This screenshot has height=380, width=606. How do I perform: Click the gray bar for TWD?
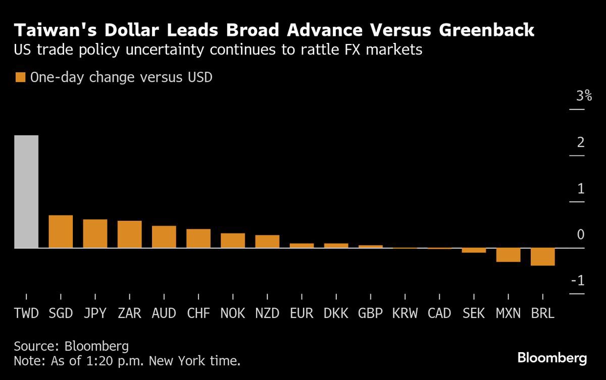[26, 192]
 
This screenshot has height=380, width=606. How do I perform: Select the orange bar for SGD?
[61, 231]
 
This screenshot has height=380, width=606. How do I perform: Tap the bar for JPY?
[95, 233]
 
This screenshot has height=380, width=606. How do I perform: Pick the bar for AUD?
[164, 236]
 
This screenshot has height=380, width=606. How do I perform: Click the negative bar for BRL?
[543, 257]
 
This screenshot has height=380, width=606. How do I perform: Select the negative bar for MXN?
[508, 255]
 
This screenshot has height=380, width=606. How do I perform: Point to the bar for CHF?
[198, 239]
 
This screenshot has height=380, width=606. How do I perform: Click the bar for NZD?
[267, 242]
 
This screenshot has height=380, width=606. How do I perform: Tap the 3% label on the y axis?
[577, 96]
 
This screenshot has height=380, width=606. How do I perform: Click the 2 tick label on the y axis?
[581, 142]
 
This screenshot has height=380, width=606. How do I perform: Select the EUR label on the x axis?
[301, 313]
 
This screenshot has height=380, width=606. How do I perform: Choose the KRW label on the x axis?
[405, 313]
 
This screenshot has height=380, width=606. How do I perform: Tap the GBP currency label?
[371, 313]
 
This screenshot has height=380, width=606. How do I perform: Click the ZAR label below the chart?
[129, 313]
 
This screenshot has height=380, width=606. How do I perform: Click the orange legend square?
[20, 77]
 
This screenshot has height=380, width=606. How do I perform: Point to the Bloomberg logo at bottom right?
[552, 358]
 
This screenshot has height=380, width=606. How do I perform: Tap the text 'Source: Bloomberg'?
[71, 347]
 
